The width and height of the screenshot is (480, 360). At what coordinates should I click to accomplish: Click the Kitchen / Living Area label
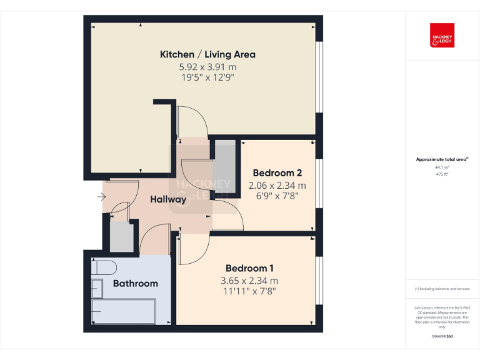tap(207, 54)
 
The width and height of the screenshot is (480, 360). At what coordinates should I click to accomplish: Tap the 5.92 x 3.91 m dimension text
tap(207, 67)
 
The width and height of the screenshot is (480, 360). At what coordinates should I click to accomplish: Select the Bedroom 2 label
tap(277, 173)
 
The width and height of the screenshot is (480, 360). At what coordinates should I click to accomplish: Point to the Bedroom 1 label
tap(249, 268)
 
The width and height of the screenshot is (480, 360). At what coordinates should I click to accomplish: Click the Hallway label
tap(168, 200)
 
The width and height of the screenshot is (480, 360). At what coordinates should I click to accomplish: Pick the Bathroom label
tap(135, 283)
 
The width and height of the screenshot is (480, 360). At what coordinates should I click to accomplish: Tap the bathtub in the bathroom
tap(124, 311)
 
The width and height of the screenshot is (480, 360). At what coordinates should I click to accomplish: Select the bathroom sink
tap(97, 288)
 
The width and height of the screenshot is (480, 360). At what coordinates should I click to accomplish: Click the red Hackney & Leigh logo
tap(442, 36)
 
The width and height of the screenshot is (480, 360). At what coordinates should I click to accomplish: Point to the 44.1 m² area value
tap(442, 167)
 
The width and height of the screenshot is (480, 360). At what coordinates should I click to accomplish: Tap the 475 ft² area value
tap(442, 174)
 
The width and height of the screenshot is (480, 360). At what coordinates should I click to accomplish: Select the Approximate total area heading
tap(442, 159)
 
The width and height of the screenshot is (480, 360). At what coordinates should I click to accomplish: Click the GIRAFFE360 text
tap(442, 337)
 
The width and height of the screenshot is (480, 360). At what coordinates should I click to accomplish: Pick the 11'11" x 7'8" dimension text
tap(249, 291)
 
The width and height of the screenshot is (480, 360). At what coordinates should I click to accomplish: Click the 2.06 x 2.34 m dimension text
tap(277, 186)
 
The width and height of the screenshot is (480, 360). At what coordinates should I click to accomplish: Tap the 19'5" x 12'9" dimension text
tap(207, 77)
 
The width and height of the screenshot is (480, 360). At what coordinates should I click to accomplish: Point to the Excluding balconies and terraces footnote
tap(442, 289)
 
